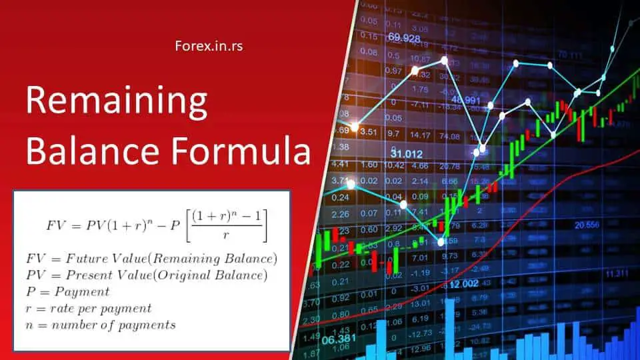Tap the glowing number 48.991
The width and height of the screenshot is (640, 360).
point(465,99)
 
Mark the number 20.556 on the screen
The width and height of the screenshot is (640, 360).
point(587,224)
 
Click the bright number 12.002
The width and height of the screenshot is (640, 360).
point(463,285)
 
